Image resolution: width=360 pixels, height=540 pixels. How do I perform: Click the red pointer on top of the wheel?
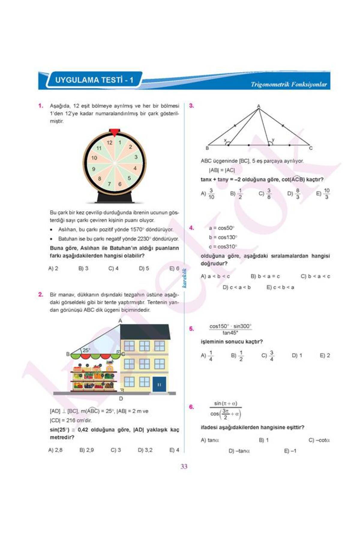114,132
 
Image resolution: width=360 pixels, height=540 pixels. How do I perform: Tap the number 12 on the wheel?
109,143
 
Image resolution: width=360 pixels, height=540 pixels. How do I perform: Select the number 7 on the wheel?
109,184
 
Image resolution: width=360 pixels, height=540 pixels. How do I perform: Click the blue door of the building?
159,384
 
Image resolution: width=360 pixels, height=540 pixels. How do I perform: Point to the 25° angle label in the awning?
86,350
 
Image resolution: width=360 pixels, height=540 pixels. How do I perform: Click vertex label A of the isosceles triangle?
259,106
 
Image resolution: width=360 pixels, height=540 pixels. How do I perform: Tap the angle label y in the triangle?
273,140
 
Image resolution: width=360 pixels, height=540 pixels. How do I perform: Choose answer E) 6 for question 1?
174,268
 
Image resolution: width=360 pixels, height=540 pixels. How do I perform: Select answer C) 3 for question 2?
116,450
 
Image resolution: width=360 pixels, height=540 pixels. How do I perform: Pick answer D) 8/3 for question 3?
294,194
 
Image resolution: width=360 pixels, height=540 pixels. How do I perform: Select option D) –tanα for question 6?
239,451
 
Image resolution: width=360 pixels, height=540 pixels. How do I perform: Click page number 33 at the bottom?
184,466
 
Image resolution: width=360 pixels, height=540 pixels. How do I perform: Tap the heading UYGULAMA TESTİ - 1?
94,80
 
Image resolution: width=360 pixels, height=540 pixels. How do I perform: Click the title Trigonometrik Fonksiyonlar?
289,84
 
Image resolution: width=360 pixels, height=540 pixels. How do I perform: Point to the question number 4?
191,228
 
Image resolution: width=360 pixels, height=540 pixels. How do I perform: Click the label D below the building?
121,399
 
